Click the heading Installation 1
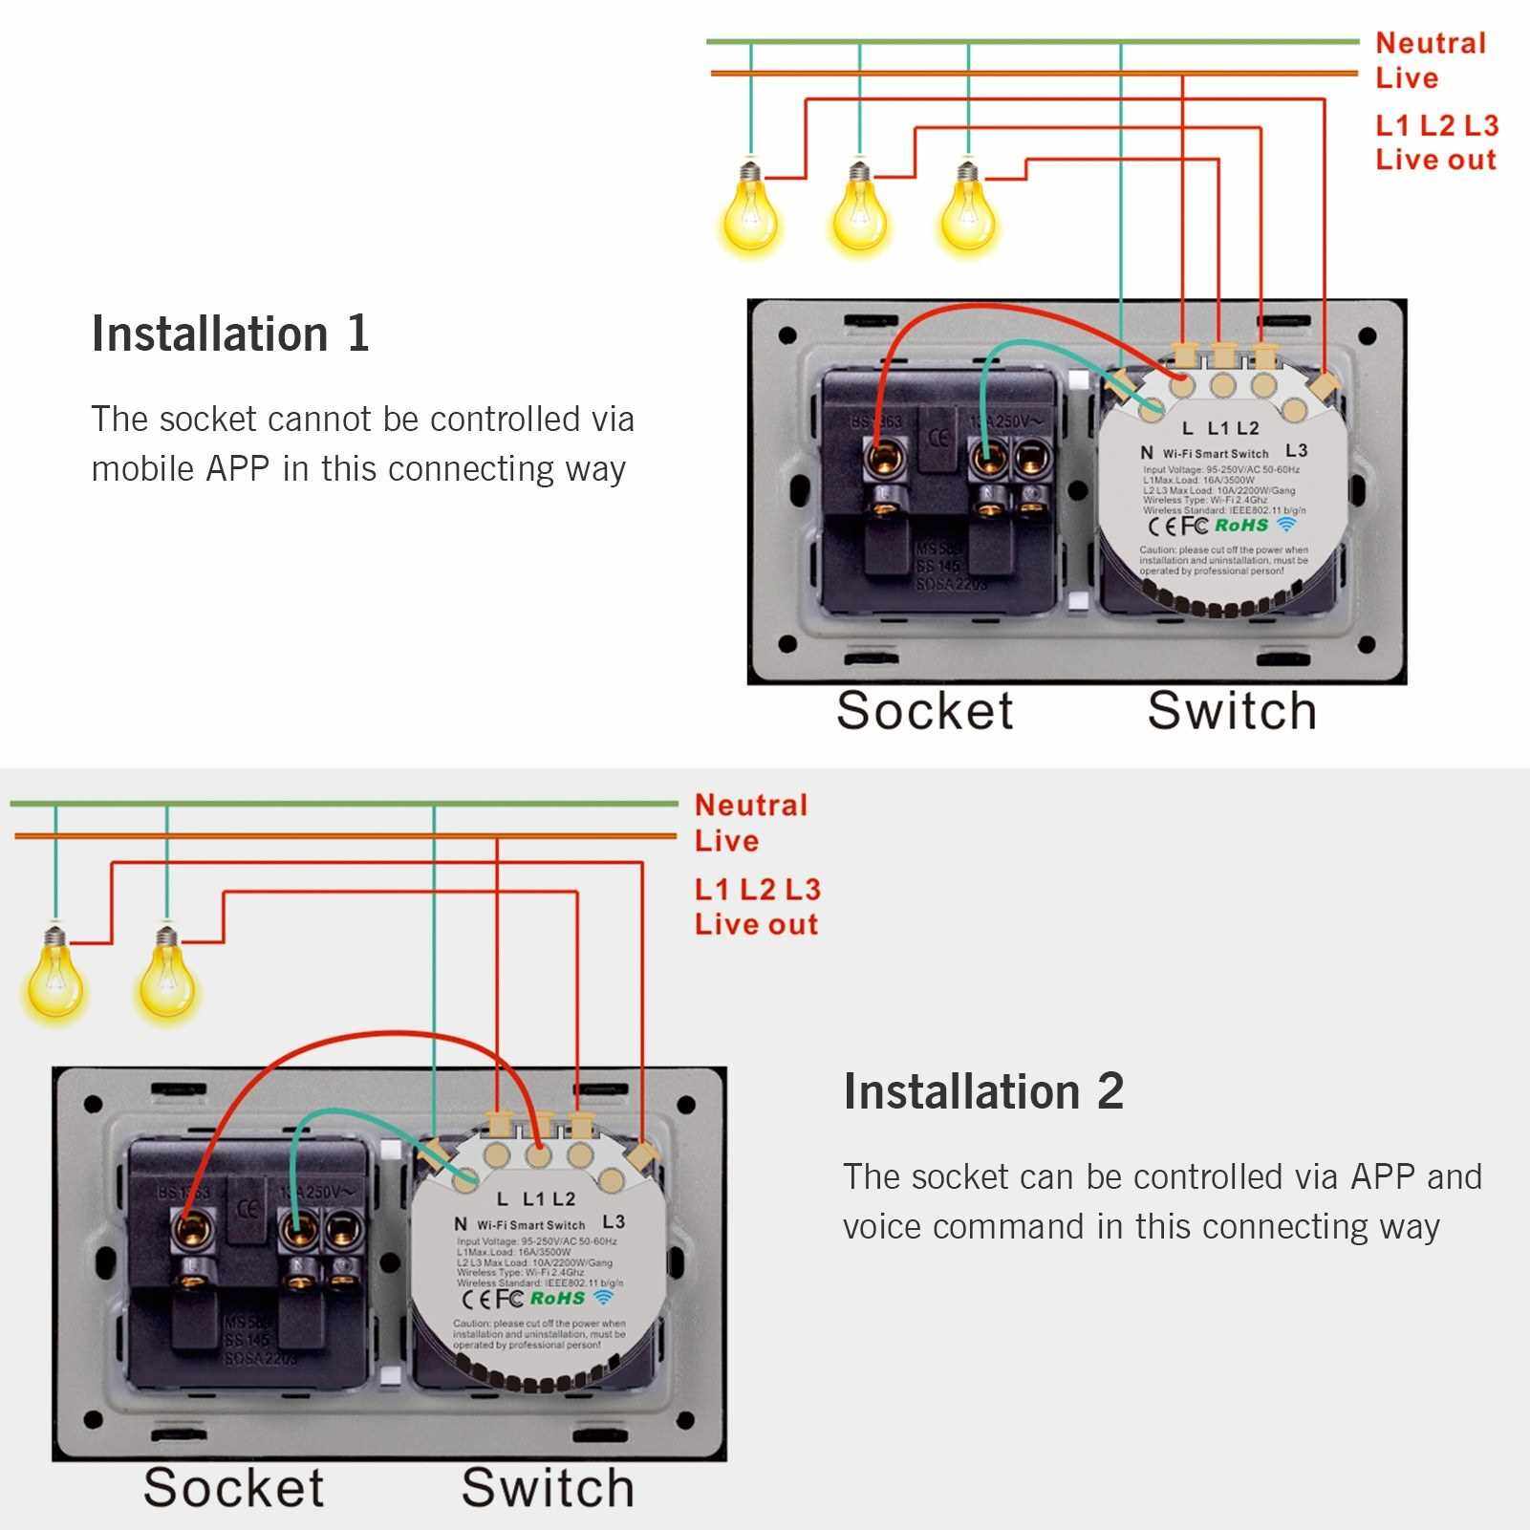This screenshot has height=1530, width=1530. pyautogui.click(x=230, y=334)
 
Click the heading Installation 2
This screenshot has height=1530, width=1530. pyautogui.click(x=983, y=1091)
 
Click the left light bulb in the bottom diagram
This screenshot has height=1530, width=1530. pyautogui.click(x=54, y=975)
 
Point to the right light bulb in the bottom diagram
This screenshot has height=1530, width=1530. pyautogui.click(x=167, y=975)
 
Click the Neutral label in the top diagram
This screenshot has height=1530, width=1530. pyautogui.click(x=1431, y=43)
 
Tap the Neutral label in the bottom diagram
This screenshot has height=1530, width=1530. pyautogui.click(x=751, y=805)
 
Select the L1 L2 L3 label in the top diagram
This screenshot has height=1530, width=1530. pyautogui.click(x=1436, y=125)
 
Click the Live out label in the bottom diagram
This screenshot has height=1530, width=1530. pyautogui.click(x=756, y=924)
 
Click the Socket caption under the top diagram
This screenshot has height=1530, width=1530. pyautogui.click(x=924, y=711)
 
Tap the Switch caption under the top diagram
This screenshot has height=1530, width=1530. pyautogui.click(x=1232, y=711)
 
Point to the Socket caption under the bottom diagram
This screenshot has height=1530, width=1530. pyautogui.click(x=234, y=1488)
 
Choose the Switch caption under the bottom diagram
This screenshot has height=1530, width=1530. pyautogui.click(x=548, y=1488)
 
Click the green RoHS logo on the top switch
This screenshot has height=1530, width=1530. pyautogui.click(x=1241, y=525)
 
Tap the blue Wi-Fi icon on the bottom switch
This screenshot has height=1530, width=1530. pyautogui.click(x=603, y=1297)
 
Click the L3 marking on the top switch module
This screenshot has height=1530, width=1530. pyautogui.click(x=1296, y=450)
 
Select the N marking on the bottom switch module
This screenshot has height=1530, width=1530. pyautogui.click(x=461, y=1224)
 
